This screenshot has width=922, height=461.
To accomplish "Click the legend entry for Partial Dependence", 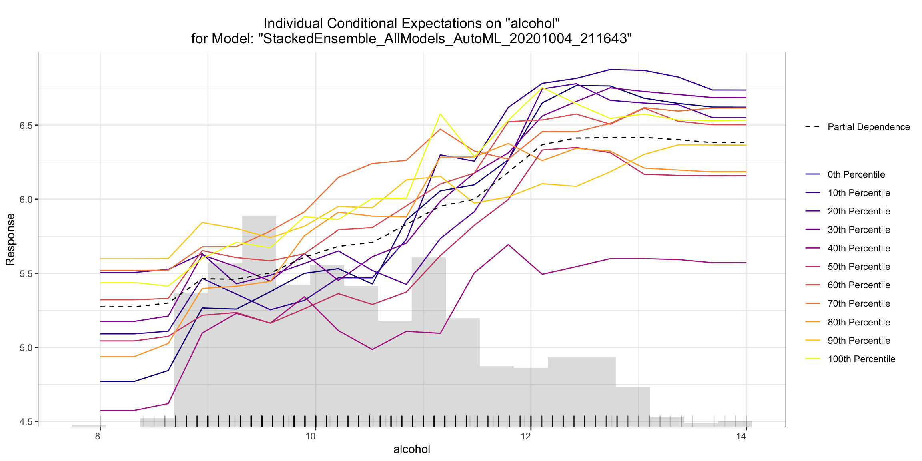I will click(868, 127).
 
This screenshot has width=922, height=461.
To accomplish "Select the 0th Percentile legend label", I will click(856, 174).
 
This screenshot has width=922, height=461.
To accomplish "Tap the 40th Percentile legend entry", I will click(859, 248).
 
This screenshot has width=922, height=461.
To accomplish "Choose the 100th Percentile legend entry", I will click(861, 359).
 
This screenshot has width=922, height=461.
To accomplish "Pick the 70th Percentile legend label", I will click(859, 303).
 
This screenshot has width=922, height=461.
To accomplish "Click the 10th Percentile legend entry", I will click(859, 193).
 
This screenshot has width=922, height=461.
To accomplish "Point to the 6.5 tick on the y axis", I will click(26, 125).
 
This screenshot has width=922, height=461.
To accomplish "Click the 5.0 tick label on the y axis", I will click(26, 347).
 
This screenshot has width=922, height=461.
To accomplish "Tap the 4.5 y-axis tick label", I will click(26, 421).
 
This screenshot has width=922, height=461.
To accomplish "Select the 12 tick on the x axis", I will click(525, 436).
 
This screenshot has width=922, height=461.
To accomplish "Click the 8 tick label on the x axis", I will click(98, 436).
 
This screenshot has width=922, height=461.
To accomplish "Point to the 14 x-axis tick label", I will click(741, 436).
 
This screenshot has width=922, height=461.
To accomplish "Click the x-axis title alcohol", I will click(411, 449).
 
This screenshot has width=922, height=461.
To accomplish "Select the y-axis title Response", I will click(10, 239).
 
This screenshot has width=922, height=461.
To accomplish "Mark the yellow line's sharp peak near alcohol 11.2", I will click(440, 114).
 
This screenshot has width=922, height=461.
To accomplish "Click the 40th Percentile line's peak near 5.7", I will click(508, 244).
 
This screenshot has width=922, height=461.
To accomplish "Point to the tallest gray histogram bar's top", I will click(259, 216).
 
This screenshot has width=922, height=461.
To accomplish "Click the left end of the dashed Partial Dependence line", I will click(100, 307).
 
